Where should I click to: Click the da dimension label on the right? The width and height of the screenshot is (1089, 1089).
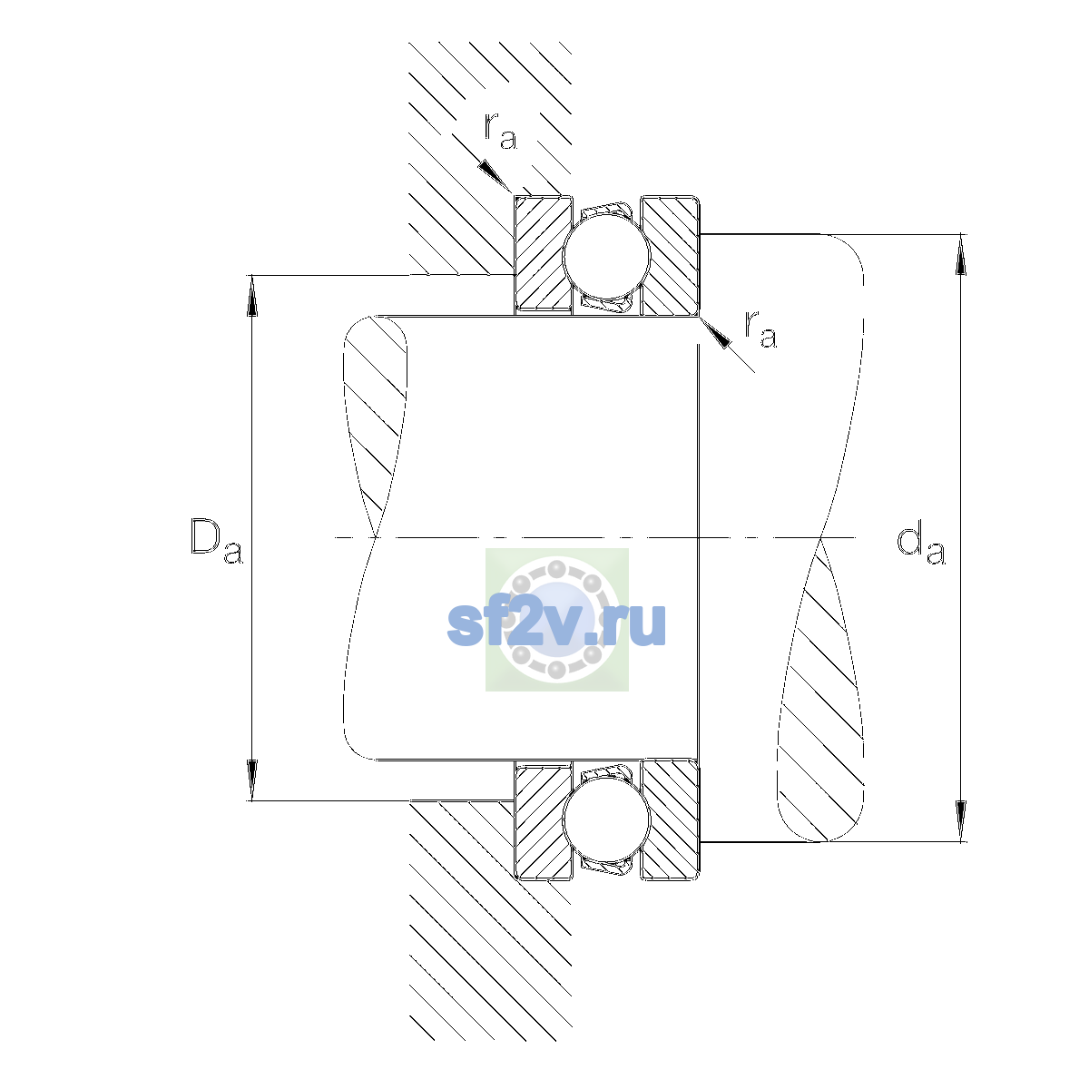[920, 544]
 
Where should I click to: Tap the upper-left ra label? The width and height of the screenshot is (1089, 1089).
[500, 132]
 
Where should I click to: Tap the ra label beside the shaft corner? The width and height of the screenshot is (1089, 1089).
[760, 329]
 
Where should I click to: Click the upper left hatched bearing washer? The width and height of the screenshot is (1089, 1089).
[543, 255]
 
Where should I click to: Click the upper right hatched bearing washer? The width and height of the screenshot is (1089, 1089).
[671, 255]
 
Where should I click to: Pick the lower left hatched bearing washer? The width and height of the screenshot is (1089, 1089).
[543, 820]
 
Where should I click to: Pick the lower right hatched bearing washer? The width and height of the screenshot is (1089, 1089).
[671, 820]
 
